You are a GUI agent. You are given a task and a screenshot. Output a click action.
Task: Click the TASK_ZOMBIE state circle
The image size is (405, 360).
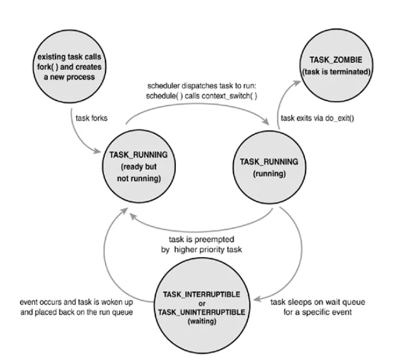(x=336, y=65)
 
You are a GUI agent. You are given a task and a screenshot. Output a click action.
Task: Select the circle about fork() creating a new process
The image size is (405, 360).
(x=69, y=67)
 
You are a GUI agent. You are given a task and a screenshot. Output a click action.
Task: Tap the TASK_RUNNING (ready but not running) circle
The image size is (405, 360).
(x=139, y=166)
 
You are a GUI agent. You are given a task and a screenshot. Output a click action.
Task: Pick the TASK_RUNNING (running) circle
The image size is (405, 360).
(x=269, y=167)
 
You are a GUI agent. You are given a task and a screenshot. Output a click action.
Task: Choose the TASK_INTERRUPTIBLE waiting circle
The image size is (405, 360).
(x=202, y=306)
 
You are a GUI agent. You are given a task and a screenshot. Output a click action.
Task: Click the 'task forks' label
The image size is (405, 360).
(x=91, y=118)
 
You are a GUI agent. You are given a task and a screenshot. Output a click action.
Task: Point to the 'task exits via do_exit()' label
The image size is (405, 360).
(x=318, y=118)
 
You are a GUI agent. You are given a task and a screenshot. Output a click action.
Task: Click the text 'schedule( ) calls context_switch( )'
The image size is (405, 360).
(x=201, y=96)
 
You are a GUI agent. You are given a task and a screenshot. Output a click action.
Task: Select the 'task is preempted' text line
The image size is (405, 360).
(x=201, y=240)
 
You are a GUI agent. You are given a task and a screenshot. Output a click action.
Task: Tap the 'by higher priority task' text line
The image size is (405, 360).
(x=201, y=250)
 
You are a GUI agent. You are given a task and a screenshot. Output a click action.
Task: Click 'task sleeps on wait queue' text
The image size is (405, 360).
(x=318, y=302)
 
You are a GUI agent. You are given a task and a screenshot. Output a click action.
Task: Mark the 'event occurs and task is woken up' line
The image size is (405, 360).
(x=76, y=302)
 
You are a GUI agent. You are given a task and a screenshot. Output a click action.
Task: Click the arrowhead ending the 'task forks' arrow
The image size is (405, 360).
(x=97, y=151)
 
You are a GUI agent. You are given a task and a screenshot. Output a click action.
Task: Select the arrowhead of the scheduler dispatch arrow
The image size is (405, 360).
(x=266, y=121)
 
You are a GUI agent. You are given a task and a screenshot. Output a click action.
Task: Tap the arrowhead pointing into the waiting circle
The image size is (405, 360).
(x=257, y=299)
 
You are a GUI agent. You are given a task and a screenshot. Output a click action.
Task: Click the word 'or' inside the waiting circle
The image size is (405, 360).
(x=202, y=304)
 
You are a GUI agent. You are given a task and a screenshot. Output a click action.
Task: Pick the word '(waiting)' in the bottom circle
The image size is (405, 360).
(x=202, y=321)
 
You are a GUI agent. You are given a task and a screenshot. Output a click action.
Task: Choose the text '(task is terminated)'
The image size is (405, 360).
(x=336, y=72)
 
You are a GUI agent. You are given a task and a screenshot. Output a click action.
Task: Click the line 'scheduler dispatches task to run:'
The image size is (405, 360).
(x=202, y=85)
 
